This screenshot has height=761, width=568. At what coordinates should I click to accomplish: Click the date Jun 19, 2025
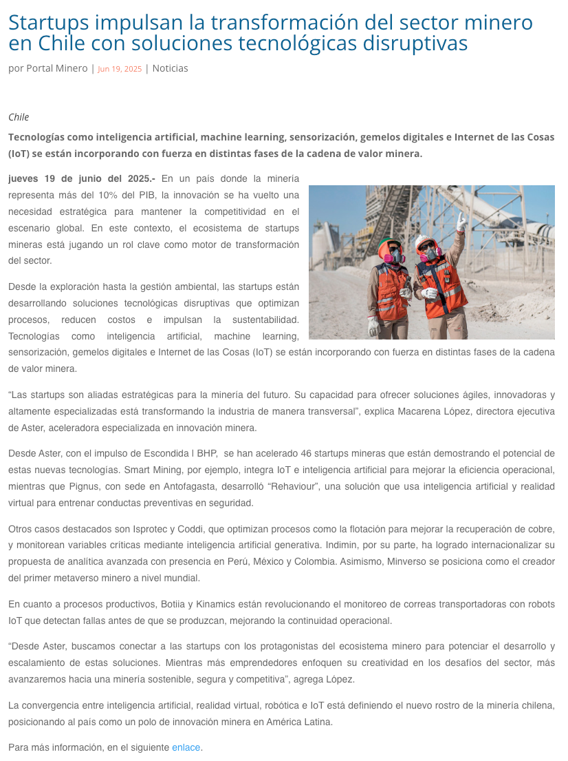[120, 69]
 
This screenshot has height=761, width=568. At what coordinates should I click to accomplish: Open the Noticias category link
[170, 68]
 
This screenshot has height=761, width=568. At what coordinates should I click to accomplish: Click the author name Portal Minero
[57, 68]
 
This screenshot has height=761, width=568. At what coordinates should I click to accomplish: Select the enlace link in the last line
[186, 747]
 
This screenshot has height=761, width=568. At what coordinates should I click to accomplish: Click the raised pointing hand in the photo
[461, 222]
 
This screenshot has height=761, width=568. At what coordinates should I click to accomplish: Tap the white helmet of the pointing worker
[424, 242]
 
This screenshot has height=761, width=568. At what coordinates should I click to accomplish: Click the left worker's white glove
[373, 325]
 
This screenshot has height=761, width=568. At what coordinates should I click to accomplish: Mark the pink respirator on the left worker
[394, 258]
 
